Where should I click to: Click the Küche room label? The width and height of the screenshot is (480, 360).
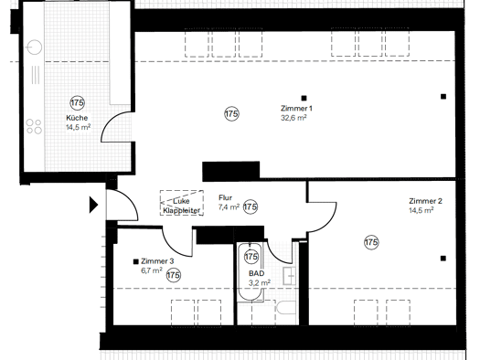[x=77, y=118]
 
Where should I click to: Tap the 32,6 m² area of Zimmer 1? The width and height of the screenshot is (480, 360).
[x=293, y=118]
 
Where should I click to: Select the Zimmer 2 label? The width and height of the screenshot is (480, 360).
[x=425, y=201]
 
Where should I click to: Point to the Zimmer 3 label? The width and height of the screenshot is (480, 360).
[x=157, y=261]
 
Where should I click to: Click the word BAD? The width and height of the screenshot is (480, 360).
[x=257, y=273]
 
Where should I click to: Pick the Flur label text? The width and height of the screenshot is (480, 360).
[x=225, y=197]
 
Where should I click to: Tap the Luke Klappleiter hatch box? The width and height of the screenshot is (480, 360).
[x=182, y=203]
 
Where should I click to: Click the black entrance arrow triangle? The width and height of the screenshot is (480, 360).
[x=93, y=205]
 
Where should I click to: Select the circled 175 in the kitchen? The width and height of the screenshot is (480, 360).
[x=77, y=102]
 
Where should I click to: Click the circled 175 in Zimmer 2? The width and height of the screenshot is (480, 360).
[x=371, y=242]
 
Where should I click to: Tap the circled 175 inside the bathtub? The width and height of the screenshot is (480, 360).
[x=251, y=257]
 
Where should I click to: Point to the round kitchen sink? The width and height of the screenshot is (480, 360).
[x=34, y=48]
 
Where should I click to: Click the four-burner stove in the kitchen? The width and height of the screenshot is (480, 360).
[x=34, y=127]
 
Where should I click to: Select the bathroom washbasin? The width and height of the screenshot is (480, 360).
[x=289, y=276]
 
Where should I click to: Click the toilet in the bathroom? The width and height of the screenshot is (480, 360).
[x=286, y=307]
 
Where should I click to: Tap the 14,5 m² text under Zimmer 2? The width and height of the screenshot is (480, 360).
[x=421, y=210]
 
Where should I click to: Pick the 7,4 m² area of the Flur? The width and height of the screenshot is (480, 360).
[x=229, y=207]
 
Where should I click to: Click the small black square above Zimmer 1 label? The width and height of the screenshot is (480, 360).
[x=304, y=98]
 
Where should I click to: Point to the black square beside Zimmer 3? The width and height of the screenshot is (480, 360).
[x=136, y=261]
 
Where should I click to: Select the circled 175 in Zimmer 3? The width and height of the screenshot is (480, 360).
[x=174, y=275]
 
